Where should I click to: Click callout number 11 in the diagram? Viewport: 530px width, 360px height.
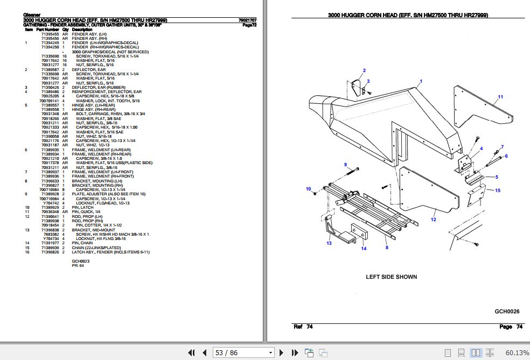pyautogui.click(x=500, y=97)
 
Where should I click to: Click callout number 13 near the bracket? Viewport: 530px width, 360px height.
pyautogui.click(x=329, y=244)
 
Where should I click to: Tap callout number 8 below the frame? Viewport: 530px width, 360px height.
pyautogui.click(x=386, y=248)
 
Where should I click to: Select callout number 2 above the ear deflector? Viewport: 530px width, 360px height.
pyautogui.click(x=364, y=70)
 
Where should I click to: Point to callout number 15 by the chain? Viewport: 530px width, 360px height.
pyautogui.click(x=498, y=190)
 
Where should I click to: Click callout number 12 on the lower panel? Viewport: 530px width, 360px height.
pyautogui.click(x=433, y=219)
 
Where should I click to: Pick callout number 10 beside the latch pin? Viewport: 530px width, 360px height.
pyautogui.click(x=309, y=189)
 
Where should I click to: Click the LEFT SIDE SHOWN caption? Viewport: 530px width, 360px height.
pyautogui.click(x=391, y=277)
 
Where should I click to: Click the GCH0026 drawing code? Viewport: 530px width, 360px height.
pyautogui.click(x=507, y=311)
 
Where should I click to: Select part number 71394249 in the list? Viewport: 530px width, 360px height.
pyautogui.click(x=50, y=43)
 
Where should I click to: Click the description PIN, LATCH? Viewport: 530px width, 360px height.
pyautogui.click(x=82, y=207)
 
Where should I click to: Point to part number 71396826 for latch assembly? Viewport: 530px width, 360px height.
pyautogui.click(x=50, y=252)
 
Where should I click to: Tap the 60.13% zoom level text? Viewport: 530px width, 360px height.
pyautogui.click(x=517, y=352)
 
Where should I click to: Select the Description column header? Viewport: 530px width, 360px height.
pyautogui.click(x=82, y=30)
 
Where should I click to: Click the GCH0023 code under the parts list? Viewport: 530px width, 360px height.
pyautogui.click(x=80, y=261)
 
